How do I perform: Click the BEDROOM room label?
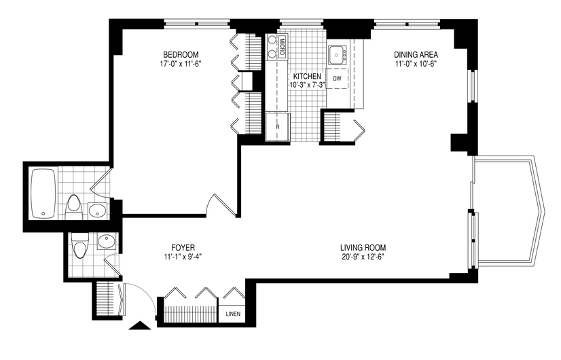[181, 55]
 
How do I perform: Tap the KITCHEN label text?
[307, 77]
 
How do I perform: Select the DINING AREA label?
[416, 55]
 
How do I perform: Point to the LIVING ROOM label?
[363, 247]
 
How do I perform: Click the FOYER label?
[183, 247]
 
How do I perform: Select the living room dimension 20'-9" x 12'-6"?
[363, 257]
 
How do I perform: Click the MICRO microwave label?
[282, 47]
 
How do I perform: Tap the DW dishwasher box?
[337, 79]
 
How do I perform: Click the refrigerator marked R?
[278, 127]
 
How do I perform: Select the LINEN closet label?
[233, 314]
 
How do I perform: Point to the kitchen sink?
[337, 55]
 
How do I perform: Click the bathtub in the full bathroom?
[43, 194]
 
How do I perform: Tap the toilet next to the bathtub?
[74, 207]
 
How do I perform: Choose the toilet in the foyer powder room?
[79, 245]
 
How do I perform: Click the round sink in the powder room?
[106, 242]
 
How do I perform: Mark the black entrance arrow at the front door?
[140, 325]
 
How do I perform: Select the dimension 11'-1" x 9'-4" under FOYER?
[183, 257]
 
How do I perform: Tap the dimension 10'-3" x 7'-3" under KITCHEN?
[307, 86]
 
